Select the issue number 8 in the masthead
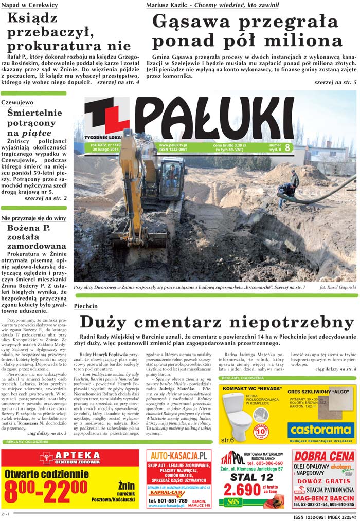coord(287,147)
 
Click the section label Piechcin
coord(85,306)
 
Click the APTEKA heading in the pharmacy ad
coord(77,455)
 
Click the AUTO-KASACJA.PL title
coord(178,455)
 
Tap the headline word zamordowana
coord(37,247)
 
